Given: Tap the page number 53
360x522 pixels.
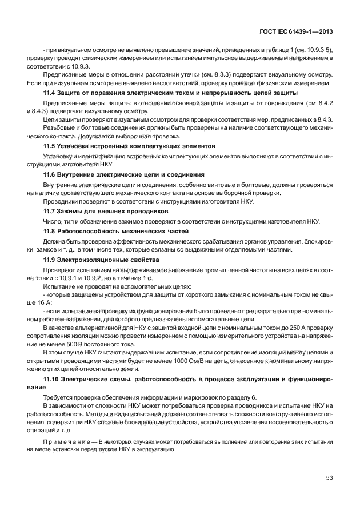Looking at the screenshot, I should point(330,479).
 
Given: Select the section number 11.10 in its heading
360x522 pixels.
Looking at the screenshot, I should point(51,379).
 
